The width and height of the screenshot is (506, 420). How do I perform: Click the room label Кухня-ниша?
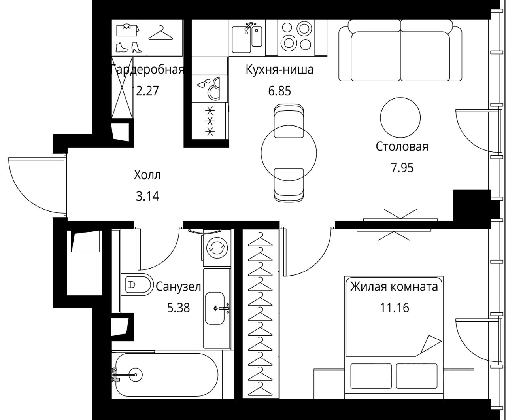[x=279, y=70]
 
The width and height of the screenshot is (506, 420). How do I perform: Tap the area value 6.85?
[x=279, y=91]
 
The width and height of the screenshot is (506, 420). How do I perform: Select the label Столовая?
[x=402, y=146]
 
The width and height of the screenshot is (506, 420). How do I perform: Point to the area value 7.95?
[x=402, y=168]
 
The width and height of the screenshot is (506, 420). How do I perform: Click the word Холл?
[x=147, y=175]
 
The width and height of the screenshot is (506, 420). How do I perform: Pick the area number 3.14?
[x=147, y=196]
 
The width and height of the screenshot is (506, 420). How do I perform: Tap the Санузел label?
[x=178, y=287]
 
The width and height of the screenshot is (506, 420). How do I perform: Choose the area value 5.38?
[x=178, y=308]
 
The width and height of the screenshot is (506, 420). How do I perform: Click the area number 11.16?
[x=394, y=308]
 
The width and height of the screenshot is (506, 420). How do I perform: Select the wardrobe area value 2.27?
[x=147, y=91]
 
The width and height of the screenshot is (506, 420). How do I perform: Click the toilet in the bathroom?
[x=137, y=284]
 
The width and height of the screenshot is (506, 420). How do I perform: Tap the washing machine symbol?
[x=217, y=248]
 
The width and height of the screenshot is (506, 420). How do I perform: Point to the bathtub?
[x=167, y=375]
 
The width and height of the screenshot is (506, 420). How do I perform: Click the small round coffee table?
[x=400, y=117]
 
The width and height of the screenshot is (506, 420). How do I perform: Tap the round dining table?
[x=289, y=153]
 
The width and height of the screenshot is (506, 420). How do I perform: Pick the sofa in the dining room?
[x=400, y=51]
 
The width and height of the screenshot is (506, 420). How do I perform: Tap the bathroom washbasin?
[x=215, y=308]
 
